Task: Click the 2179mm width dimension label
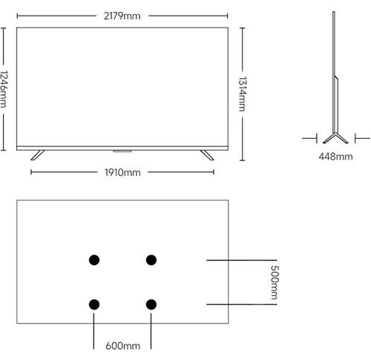click(122, 16)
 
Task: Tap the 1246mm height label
click(4, 89)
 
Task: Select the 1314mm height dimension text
click(243, 94)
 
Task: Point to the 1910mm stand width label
click(122, 172)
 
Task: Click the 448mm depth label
click(335, 157)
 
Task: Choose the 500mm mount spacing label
click(275, 282)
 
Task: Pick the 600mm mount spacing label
click(122, 346)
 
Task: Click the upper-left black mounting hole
click(94, 260)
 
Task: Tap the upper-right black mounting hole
click(151, 260)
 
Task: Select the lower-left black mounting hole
click(94, 304)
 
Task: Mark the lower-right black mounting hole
click(151, 304)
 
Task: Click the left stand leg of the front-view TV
click(38, 155)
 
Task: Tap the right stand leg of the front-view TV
click(207, 155)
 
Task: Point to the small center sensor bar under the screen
click(122, 151)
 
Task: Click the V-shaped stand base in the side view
click(335, 138)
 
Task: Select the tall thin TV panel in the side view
click(334, 72)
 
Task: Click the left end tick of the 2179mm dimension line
click(17, 16)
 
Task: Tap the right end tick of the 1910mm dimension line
click(214, 172)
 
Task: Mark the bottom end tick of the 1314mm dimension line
click(243, 160)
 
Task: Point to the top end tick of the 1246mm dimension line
click(3, 28)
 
